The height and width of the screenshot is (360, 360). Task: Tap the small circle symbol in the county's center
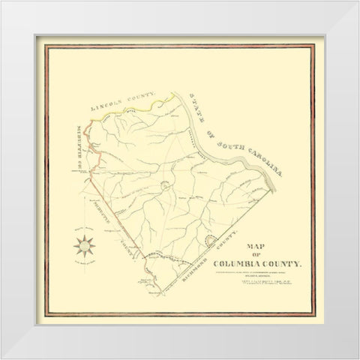(x=163, y=184)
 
